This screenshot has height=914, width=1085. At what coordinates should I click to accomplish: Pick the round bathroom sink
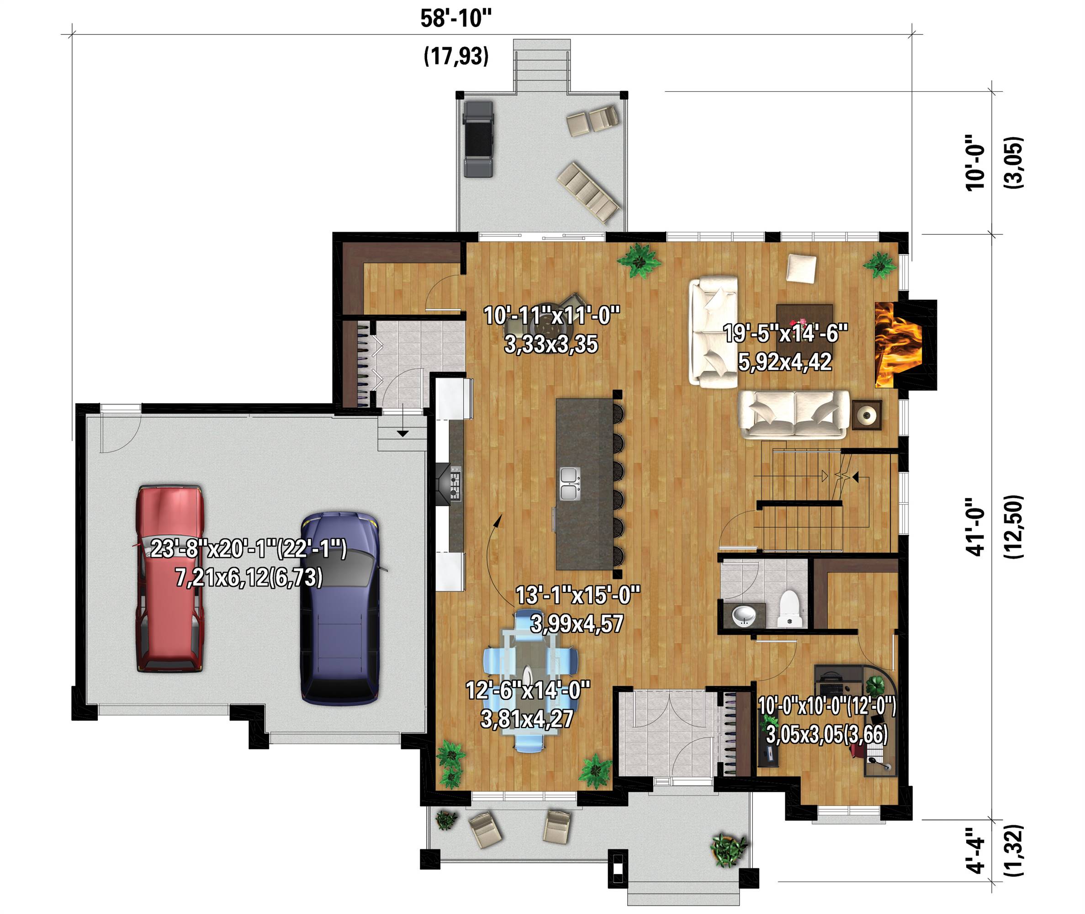click(x=744, y=616)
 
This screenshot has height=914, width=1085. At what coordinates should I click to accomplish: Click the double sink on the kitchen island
click(x=569, y=484)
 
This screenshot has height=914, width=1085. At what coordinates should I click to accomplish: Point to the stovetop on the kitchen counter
click(x=455, y=483)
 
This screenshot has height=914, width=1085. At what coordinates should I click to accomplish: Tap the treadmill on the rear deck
click(x=478, y=139)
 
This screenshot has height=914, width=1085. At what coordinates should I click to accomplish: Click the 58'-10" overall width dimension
click(x=455, y=19)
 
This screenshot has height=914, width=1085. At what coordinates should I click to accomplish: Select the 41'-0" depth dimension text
click(x=976, y=527)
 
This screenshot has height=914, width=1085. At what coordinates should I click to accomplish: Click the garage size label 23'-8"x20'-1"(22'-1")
click(x=249, y=548)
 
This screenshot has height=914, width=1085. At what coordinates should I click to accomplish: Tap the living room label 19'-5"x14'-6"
click(x=786, y=333)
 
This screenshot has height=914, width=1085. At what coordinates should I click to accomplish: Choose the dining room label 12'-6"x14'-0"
click(x=528, y=690)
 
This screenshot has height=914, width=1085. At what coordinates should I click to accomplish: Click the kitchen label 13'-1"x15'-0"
click(x=578, y=595)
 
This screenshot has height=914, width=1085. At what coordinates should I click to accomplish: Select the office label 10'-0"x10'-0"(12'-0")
click(x=827, y=706)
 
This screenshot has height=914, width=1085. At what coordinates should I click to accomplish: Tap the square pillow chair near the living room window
click(x=801, y=268)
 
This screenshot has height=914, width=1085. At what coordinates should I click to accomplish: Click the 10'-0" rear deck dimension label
click(x=976, y=163)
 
